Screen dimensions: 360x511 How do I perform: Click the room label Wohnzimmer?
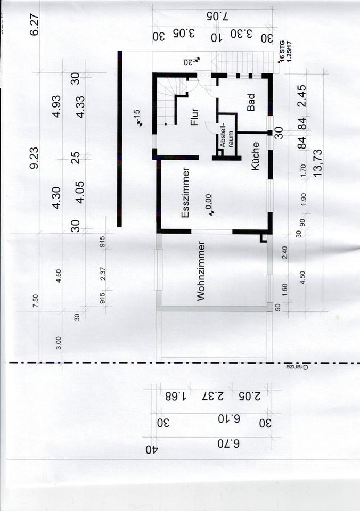coord(201,271)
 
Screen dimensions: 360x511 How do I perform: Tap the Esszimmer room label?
coord(186,193)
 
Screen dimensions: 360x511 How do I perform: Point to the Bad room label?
coord(251,102)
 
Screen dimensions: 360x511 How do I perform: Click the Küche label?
coord(255,155)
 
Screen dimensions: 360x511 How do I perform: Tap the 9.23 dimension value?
coord(36,158)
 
